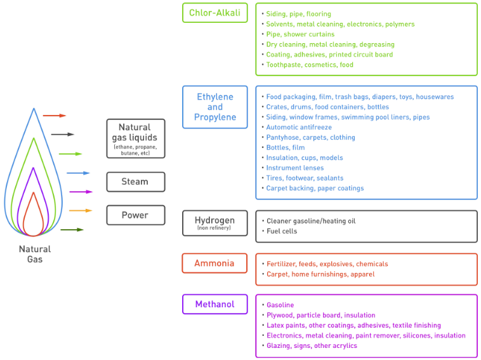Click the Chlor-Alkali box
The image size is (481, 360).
pos(214,13)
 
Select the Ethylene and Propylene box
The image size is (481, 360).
pos(214,107)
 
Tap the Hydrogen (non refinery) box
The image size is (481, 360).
pos(214,222)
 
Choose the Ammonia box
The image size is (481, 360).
pos(214,263)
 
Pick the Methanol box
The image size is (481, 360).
pos(214,304)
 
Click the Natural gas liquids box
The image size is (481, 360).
pos(135,138)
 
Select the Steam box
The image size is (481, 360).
pos(135,182)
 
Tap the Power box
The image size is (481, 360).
pos(135,215)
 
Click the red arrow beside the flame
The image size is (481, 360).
pos(54,116)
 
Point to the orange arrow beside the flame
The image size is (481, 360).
pos(80,210)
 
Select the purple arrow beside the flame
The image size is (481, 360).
pos(81,191)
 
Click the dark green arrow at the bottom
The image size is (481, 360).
pos(72,229)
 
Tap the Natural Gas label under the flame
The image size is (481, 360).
pos(34,254)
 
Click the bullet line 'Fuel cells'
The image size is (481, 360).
pos(282,231)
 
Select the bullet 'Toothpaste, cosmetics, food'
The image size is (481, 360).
pos(310,65)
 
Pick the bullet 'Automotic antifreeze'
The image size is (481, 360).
pos(299,127)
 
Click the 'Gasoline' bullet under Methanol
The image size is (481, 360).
pos(280,305)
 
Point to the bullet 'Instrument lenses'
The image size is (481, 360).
pos(294,168)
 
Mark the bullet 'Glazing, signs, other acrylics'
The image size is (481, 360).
pos(312,345)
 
